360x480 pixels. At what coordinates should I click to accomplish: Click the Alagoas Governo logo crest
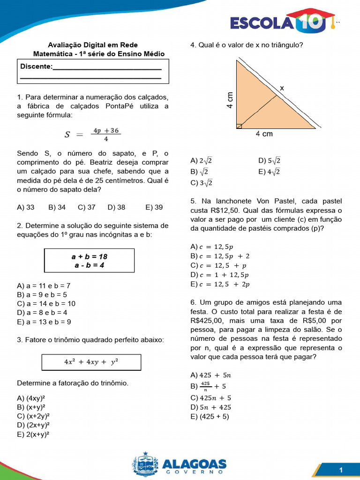tap(145, 465)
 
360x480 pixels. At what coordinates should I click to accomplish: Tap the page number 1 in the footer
tap(341, 470)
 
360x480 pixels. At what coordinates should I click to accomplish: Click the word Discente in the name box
tap(36, 67)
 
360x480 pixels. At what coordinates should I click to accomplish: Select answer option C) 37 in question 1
tap(87, 207)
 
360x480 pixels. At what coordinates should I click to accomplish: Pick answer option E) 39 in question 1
tap(154, 207)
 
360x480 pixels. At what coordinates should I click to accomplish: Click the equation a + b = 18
tap(89, 256)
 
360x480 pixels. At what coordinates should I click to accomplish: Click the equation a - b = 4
tap(89, 265)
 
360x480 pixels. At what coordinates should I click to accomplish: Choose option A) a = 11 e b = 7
tap(44, 285)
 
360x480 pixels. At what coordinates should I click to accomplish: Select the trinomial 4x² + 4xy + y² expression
tap(91, 362)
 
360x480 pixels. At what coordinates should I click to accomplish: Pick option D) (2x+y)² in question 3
tap(33, 425)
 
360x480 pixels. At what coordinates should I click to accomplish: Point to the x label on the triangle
tap(282, 88)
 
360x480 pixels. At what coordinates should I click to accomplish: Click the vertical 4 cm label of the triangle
tap(230, 100)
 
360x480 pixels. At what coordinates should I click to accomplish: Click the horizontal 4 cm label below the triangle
tap(264, 134)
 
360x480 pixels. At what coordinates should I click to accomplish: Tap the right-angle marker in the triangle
tap(239, 126)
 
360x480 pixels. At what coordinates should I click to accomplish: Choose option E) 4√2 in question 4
tap(269, 172)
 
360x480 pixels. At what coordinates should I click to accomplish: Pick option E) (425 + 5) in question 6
tap(210, 416)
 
